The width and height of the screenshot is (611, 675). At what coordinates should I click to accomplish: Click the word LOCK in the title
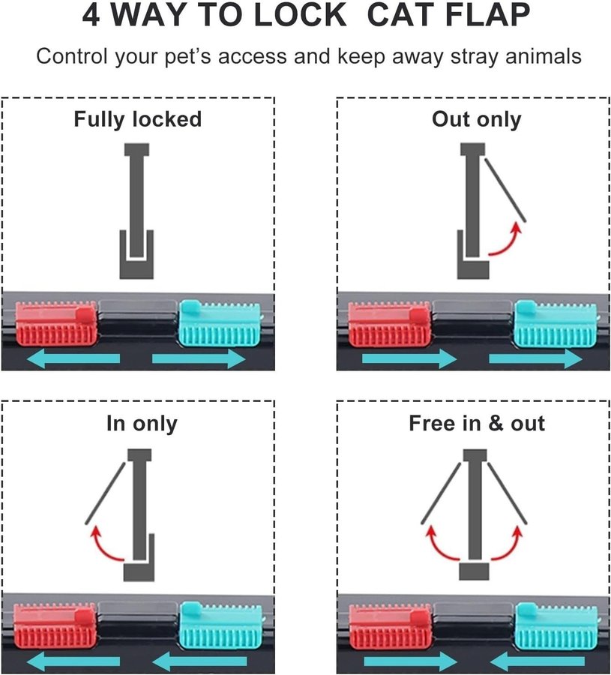point(300,15)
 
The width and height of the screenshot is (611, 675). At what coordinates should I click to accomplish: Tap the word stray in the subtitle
point(475,56)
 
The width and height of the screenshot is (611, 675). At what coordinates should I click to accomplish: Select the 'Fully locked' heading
point(138,120)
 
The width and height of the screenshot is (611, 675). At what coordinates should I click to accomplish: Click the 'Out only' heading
point(477,119)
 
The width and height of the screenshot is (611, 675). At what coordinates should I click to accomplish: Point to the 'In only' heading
point(142,424)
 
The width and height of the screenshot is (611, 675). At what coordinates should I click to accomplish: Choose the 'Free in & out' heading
point(477,423)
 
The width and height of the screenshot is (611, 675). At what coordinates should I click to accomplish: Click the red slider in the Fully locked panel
point(56,324)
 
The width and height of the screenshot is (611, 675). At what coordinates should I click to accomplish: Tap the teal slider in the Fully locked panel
point(220,323)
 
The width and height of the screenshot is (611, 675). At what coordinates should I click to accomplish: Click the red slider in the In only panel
point(55,625)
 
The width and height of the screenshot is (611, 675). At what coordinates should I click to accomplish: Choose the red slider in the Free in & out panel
point(390,626)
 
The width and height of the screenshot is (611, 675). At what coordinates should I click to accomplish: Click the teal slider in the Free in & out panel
point(556,626)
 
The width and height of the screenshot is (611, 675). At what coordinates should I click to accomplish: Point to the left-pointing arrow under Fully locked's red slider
point(73,358)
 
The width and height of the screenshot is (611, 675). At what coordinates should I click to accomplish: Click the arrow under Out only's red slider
point(409,359)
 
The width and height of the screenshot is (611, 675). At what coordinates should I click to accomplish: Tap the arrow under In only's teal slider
point(200,661)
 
